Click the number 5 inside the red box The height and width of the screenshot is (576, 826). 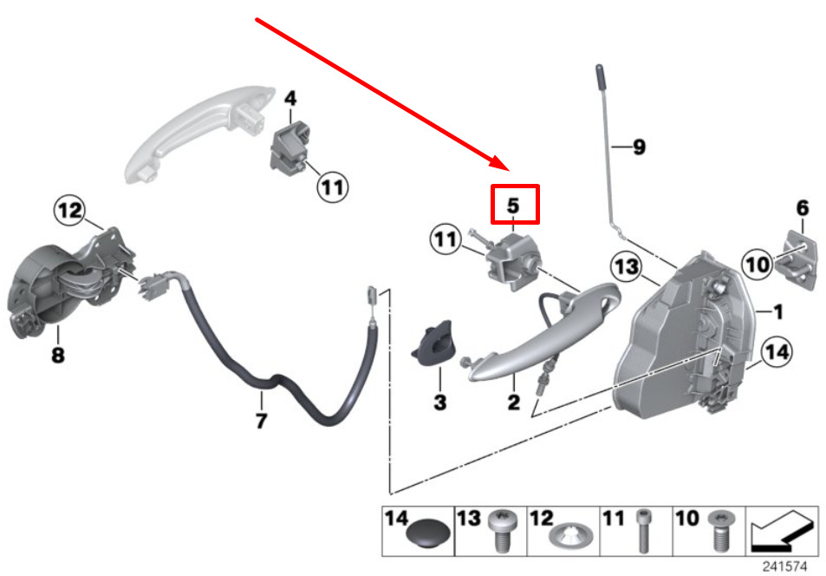click(x=514, y=206)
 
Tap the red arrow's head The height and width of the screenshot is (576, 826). click(x=500, y=163)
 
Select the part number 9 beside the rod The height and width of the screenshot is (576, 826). click(x=639, y=147)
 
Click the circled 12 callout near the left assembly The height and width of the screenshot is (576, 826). click(x=70, y=211)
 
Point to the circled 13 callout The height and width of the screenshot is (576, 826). click(x=627, y=267)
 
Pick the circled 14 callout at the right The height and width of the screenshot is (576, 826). click(x=777, y=352)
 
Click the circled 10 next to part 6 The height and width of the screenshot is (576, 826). click(x=758, y=264)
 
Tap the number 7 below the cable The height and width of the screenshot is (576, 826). click(x=261, y=421)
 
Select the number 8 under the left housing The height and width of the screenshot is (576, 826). click(x=58, y=354)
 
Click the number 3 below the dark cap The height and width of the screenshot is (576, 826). click(x=439, y=403)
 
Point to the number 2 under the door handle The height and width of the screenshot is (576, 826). click(x=514, y=403)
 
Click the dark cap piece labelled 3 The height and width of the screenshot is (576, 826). click(x=433, y=343)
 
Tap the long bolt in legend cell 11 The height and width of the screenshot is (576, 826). click(x=642, y=531)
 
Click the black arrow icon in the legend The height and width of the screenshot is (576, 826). click(x=783, y=531)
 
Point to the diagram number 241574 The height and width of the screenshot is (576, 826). click(x=785, y=566)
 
